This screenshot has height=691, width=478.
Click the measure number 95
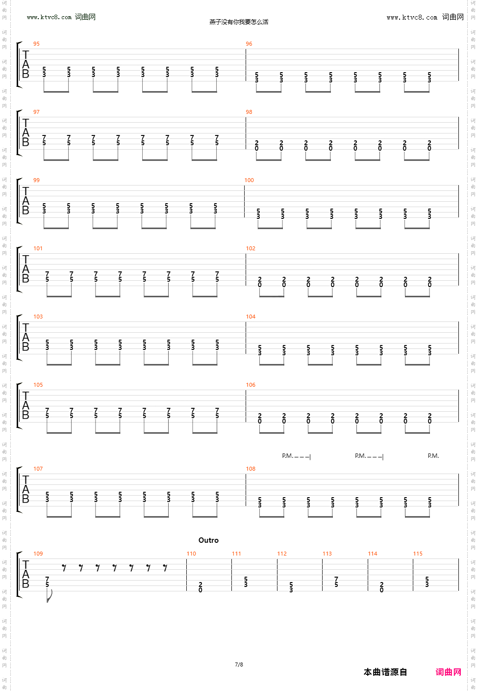click(x=36, y=44)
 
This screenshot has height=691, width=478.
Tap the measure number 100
click(x=249, y=181)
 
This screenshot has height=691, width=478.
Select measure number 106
click(x=251, y=385)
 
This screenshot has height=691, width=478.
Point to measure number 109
click(x=38, y=554)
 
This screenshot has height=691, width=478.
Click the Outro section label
click(x=208, y=540)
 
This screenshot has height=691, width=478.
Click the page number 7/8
click(x=239, y=665)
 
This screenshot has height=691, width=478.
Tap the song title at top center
click(x=239, y=22)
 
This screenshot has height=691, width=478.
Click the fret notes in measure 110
click(x=201, y=587)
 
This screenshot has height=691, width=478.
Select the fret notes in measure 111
click(x=246, y=582)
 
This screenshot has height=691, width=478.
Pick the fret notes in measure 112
click(x=291, y=587)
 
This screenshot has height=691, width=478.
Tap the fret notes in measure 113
click(x=336, y=582)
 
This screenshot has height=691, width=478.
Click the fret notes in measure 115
click(x=427, y=582)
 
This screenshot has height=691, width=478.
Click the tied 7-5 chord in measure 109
click(x=47, y=582)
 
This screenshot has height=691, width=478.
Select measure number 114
click(x=373, y=554)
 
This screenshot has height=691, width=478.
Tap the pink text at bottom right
click(x=448, y=672)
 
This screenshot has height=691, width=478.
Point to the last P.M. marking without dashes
click(x=433, y=456)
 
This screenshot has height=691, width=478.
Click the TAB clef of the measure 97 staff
click(x=25, y=133)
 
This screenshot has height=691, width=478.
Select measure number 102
click(x=251, y=249)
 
